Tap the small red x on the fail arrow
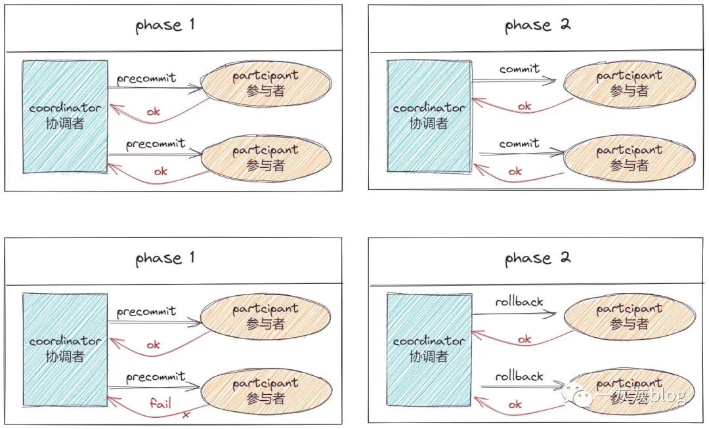click(x=186, y=414)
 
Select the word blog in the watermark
click(x=668, y=396)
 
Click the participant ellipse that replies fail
click(x=266, y=391)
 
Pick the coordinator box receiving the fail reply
click(x=65, y=350)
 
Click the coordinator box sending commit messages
click(x=429, y=116)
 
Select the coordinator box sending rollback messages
click(x=429, y=350)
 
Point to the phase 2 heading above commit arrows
click(x=537, y=25)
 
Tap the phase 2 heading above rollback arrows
click(x=537, y=258)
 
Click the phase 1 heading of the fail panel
click(x=165, y=258)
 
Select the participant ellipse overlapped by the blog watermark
click(x=630, y=391)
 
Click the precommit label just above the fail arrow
click(x=156, y=377)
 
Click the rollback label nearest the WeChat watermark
click(x=519, y=376)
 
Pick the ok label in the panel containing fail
click(x=153, y=345)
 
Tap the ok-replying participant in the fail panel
click(x=266, y=316)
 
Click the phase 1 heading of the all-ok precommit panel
click(x=165, y=25)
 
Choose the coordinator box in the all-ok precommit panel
click(x=65, y=117)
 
